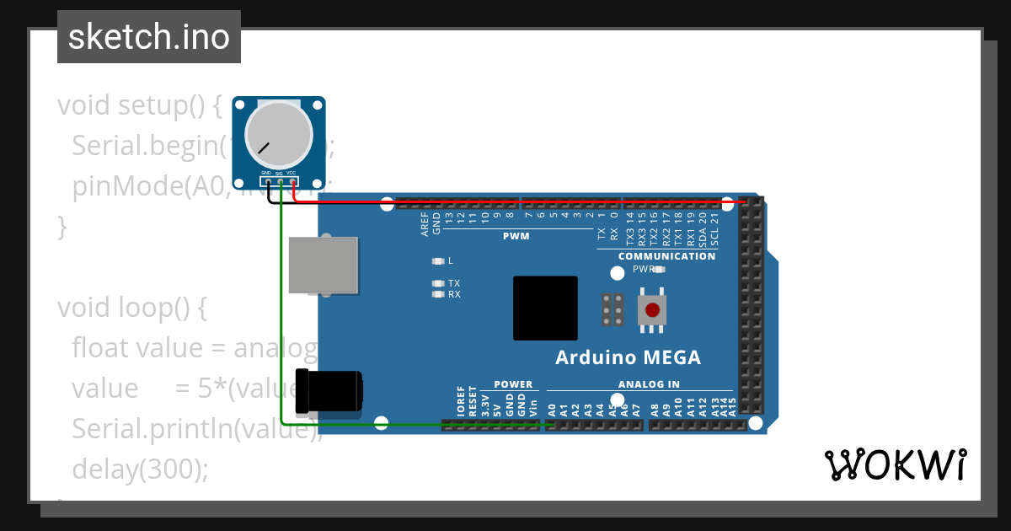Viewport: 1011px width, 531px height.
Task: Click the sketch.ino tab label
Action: click(149, 37)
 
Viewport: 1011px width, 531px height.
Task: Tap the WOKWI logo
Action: click(895, 464)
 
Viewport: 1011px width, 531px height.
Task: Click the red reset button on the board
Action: click(652, 309)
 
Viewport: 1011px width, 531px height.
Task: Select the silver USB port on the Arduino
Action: click(324, 265)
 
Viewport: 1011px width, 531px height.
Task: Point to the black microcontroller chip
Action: click(545, 308)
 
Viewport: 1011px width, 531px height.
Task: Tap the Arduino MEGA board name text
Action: click(628, 357)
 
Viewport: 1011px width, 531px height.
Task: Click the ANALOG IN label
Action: click(649, 384)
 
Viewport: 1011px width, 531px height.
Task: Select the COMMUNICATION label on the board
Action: click(666, 256)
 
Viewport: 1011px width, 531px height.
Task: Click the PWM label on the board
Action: click(516, 236)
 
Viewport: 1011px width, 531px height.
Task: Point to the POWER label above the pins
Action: click(513, 384)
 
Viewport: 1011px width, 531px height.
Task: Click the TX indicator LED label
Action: click(454, 283)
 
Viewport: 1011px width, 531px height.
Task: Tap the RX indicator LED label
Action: click(454, 295)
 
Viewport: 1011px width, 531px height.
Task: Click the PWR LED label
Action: click(643, 270)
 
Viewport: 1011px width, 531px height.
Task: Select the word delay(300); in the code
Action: click(140, 469)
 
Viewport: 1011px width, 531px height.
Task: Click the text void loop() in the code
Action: click(131, 308)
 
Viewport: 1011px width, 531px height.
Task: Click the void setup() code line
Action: click(139, 106)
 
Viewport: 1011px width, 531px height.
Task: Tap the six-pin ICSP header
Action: click(612, 309)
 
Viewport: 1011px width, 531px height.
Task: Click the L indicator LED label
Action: click(451, 261)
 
